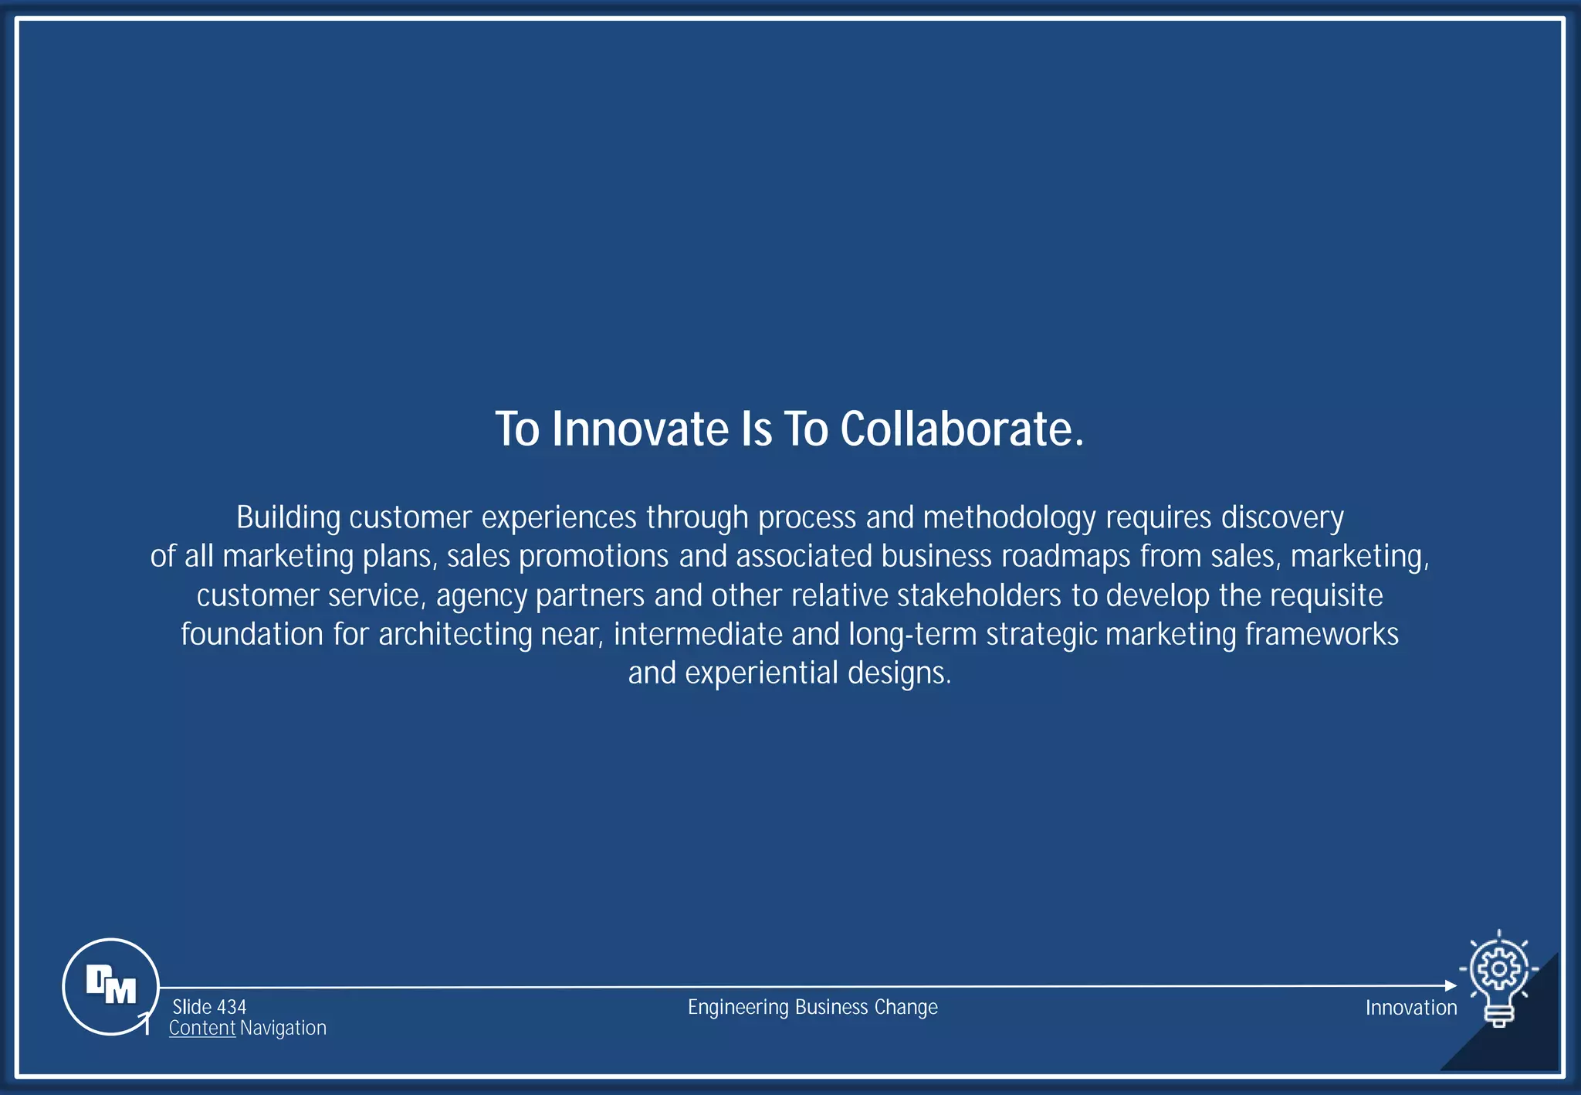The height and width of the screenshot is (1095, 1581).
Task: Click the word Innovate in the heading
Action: point(640,429)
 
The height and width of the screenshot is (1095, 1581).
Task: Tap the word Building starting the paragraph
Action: point(288,517)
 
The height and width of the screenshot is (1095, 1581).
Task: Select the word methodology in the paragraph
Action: point(1009,517)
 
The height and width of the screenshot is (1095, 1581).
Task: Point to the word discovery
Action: point(1282,517)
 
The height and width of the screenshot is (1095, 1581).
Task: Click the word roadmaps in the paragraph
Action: point(1065,556)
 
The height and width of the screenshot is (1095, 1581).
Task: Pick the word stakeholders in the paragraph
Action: point(979,595)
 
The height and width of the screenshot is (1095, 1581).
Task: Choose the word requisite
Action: point(1326,595)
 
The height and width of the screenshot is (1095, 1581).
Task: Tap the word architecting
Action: point(455,635)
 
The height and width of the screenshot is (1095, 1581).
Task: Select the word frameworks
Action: point(1322,635)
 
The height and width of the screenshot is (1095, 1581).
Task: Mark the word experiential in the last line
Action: point(761,673)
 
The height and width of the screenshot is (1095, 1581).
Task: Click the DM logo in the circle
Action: point(111,985)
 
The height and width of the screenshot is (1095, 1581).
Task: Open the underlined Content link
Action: point(201,1029)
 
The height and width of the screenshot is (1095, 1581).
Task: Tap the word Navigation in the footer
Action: point(283,1029)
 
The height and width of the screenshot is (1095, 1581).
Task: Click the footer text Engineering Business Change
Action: point(812,1007)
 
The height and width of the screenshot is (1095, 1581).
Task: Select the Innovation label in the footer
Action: point(1410,1008)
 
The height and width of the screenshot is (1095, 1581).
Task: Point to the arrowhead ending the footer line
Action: point(1451,985)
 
